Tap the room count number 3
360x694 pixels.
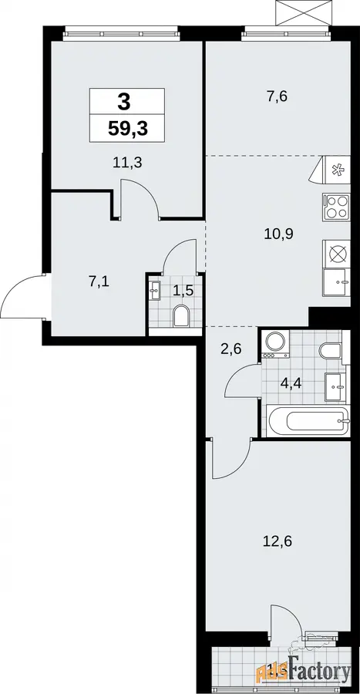124,101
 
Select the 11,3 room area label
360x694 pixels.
127,163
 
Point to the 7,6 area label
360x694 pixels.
278,96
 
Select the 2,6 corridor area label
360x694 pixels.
230,349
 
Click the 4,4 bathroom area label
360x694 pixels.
291,382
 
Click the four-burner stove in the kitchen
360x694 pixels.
336,207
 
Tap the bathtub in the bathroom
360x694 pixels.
308,420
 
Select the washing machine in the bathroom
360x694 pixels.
275,344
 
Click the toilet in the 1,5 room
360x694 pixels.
181,316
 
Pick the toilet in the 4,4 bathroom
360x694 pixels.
330,351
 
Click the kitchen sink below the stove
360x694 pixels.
336,282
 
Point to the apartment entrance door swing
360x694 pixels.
25,296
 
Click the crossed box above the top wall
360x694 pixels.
304,13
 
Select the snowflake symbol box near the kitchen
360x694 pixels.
338,170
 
